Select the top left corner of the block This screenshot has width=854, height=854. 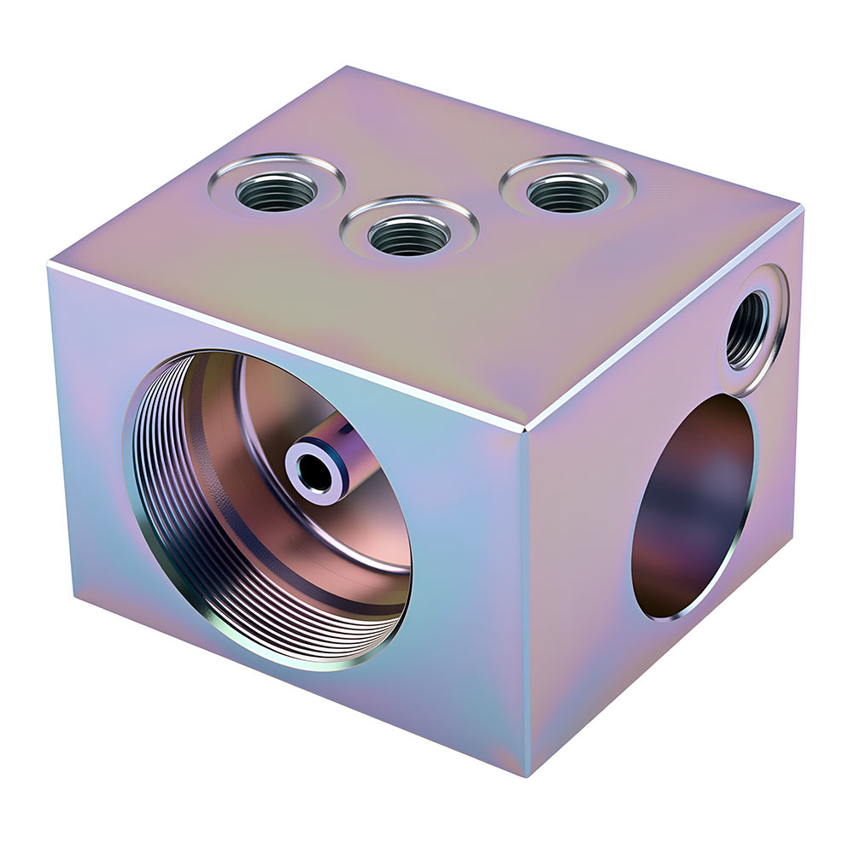tap(50, 266)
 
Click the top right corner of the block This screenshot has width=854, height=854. tap(800, 206)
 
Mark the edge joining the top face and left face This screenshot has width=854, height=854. tap(282, 346)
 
